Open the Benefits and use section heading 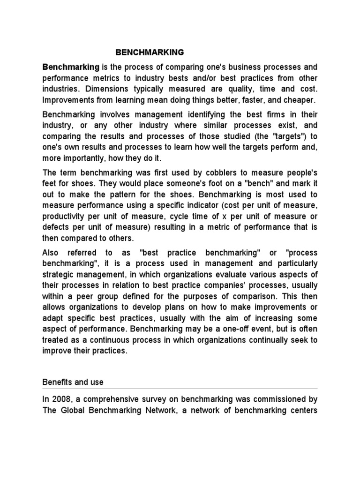pyautogui.click(x=73, y=382)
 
